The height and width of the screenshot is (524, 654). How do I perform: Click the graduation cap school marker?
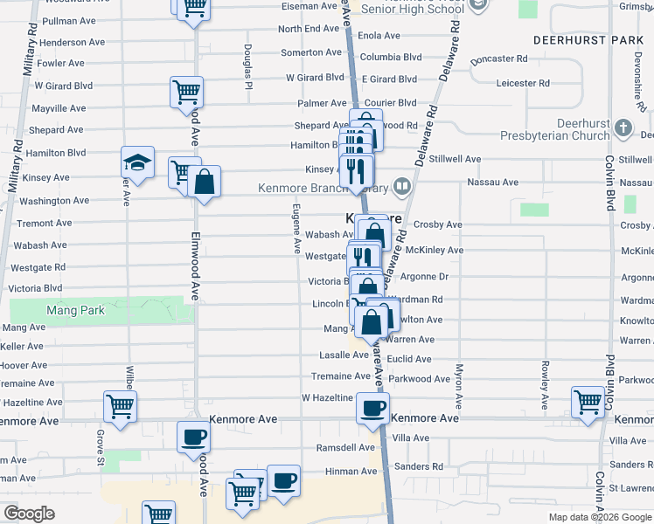(137, 162)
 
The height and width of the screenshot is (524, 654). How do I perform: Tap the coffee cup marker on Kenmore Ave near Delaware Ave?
(372, 408)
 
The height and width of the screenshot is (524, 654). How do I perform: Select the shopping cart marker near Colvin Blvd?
(588, 403)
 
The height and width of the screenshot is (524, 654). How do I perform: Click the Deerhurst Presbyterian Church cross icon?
(623, 128)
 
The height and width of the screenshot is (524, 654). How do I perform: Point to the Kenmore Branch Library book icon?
(401, 185)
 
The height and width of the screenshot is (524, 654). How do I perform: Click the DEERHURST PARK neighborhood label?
(588, 41)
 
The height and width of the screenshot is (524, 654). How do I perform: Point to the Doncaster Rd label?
(498, 59)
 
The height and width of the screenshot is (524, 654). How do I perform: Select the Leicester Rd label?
(522, 84)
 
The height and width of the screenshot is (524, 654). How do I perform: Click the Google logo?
(29, 514)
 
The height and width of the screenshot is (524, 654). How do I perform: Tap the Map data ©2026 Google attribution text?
(599, 517)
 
